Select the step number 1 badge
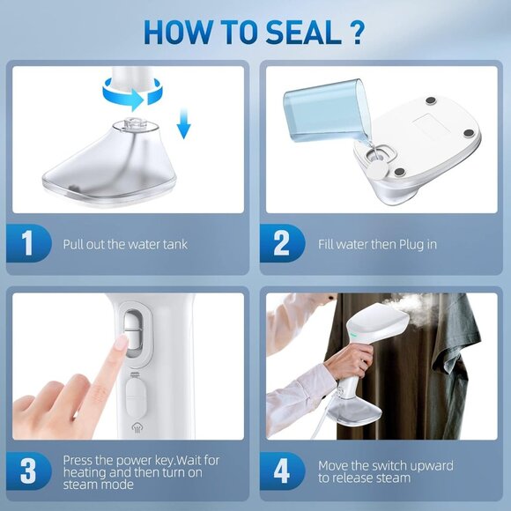pyautogui.click(x=27, y=244)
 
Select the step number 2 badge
pyautogui.click(x=282, y=244)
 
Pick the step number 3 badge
pyautogui.click(x=27, y=470)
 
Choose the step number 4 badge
pyautogui.click(x=282, y=470)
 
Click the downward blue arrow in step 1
pyautogui.click(x=183, y=129)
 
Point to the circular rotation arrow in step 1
pyautogui.click(x=132, y=90)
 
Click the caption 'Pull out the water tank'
pyautogui.click(x=125, y=244)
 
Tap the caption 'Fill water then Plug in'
pyautogui.click(x=377, y=244)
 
